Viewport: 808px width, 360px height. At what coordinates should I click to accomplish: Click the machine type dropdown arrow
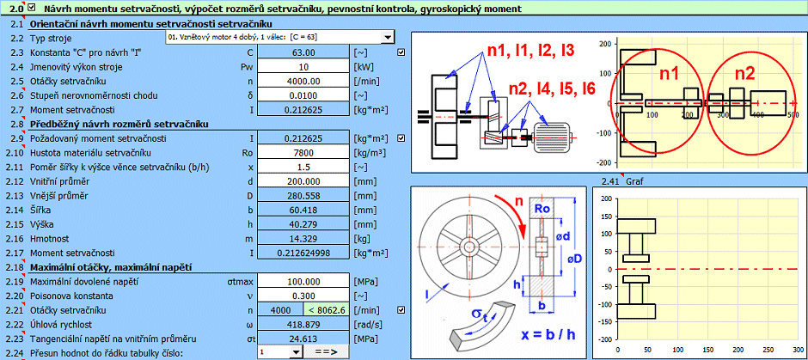click(x=388, y=38)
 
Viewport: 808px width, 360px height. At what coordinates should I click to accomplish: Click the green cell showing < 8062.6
click(x=325, y=310)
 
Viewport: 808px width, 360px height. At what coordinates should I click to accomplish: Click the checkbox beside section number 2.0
click(x=32, y=9)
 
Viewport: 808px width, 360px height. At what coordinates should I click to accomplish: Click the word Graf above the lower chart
click(x=635, y=182)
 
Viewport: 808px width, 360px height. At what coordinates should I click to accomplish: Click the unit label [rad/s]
click(x=368, y=324)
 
